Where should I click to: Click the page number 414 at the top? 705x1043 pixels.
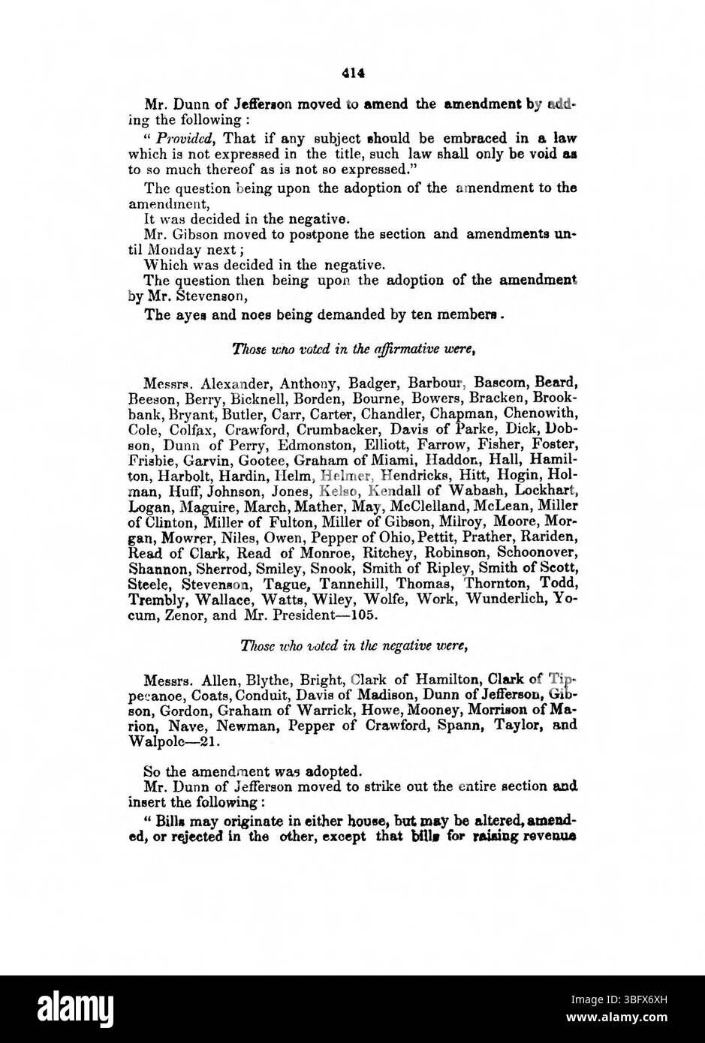pos(352,74)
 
